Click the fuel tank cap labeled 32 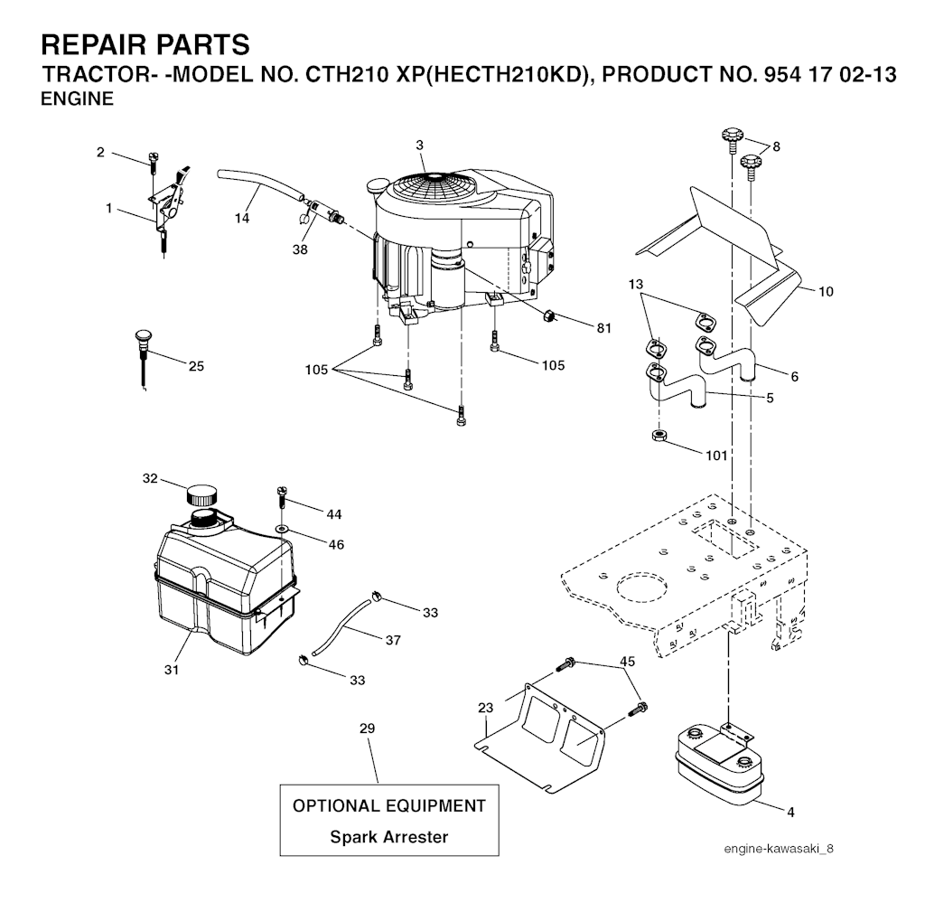coord(201,494)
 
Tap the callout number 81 coord(603,328)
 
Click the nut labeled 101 coord(659,437)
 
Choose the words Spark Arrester coord(388,837)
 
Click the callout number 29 coord(367,729)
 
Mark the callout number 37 coord(393,640)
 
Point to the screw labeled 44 coord(282,500)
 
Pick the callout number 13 coord(635,285)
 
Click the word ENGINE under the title coord(78,99)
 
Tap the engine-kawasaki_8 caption coord(779,849)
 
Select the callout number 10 coord(826,292)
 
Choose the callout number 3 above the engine coord(419,146)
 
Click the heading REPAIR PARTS coord(145,45)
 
